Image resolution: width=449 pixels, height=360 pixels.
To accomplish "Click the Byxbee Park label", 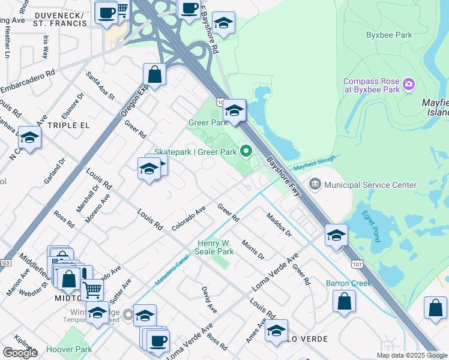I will (389, 35).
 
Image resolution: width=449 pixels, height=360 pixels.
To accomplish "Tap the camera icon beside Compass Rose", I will (409, 84).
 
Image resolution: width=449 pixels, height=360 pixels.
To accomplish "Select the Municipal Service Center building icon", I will (315, 183).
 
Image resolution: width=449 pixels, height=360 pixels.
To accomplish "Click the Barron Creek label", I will (346, 283).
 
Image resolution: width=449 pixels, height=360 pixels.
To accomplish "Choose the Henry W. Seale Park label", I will (215, 247).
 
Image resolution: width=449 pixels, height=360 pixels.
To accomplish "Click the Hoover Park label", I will (69, 349).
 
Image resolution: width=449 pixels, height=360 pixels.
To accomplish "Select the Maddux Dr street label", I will (279, 224).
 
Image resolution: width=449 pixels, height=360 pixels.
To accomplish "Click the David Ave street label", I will (209, 299).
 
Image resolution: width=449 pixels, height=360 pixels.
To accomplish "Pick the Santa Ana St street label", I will (100, 86).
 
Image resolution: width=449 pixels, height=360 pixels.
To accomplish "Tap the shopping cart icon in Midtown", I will (92, 290).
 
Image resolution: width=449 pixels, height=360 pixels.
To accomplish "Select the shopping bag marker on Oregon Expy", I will (154, 75).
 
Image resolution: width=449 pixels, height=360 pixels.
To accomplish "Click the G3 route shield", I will (6, 263).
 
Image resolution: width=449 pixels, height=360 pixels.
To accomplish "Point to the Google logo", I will (20, 353).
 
